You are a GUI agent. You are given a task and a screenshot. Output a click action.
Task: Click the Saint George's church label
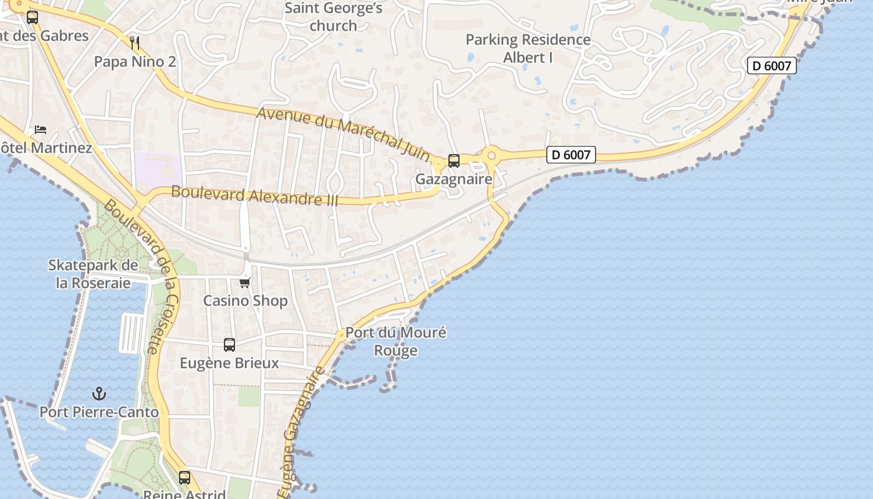pos(333,17)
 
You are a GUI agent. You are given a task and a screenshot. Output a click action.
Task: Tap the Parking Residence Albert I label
pos(528,49)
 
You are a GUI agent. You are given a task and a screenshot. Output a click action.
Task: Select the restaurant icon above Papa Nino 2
pos(135,43)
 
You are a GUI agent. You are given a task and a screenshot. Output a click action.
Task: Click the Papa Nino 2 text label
pos(135,62)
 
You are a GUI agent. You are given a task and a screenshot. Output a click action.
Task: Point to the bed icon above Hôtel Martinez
pos(41,130)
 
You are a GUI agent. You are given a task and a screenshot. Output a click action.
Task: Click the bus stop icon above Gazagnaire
pos(454,161)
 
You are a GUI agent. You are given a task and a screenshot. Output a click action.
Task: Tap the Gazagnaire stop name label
pos(454,180)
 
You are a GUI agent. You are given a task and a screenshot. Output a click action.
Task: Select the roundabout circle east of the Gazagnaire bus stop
pos(491,155)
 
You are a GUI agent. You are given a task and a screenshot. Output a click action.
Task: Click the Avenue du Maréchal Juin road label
pos(344,133)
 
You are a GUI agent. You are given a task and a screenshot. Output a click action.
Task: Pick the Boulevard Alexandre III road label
pos(254,196)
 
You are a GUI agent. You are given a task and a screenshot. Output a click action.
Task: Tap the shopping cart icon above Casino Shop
pos(245,283)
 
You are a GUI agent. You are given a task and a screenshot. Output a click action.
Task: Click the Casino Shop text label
pos(245,301)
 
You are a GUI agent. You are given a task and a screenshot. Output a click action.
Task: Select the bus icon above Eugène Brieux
pos(229,345)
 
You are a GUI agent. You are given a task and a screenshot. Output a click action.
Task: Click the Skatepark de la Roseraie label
pos(94,274)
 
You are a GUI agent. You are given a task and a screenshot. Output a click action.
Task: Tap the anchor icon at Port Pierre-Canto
pos(99,394)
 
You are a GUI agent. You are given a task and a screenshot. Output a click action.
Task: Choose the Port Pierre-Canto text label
pos(99,412)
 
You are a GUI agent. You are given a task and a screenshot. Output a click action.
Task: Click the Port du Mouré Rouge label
pos(396,341)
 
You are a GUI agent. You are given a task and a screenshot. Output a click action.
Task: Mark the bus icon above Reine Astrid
pos(185,478)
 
